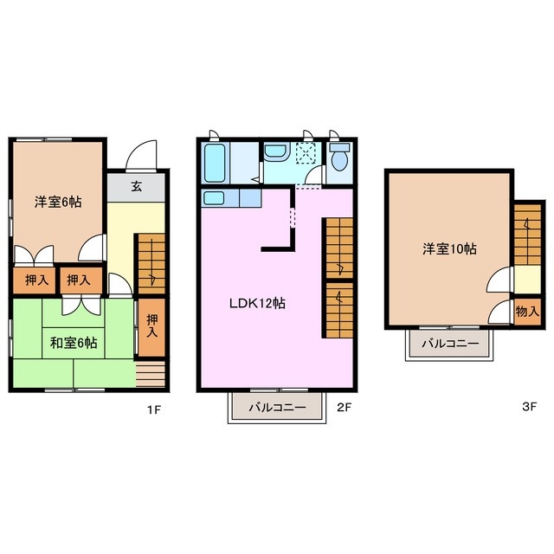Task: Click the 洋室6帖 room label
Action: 58,202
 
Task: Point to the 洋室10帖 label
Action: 449,249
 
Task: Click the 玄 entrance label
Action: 137,186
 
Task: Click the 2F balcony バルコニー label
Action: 276,406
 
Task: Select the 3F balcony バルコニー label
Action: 450,344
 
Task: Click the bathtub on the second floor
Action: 214,161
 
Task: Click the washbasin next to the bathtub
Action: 274,153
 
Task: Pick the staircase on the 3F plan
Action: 525,232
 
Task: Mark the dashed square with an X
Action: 306,153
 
